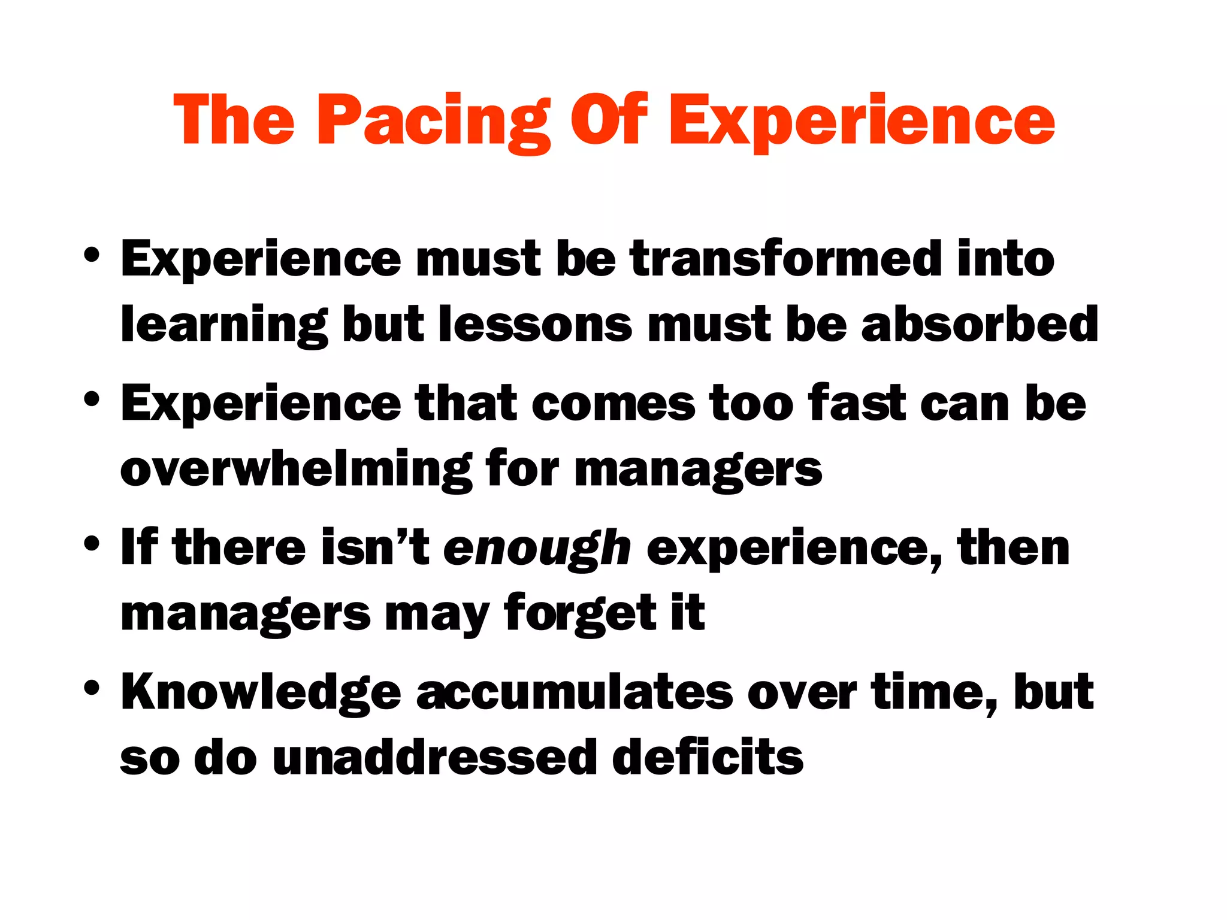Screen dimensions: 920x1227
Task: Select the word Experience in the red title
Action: click(x=861, y=122)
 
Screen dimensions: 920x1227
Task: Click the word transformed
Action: click(x=786, y=259)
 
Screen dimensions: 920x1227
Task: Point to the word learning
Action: click(x=224, y=326)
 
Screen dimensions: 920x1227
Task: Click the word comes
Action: click(x=612, y=404)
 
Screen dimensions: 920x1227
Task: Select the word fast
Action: click(x=856, y=402)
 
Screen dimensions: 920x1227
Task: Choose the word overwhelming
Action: click(x=296, y=470)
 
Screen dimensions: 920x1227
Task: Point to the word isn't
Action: click(x=375, y=547)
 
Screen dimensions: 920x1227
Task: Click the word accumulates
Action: click(x=574, y=692)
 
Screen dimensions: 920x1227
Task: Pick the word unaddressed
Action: click(x=434, y=757)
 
